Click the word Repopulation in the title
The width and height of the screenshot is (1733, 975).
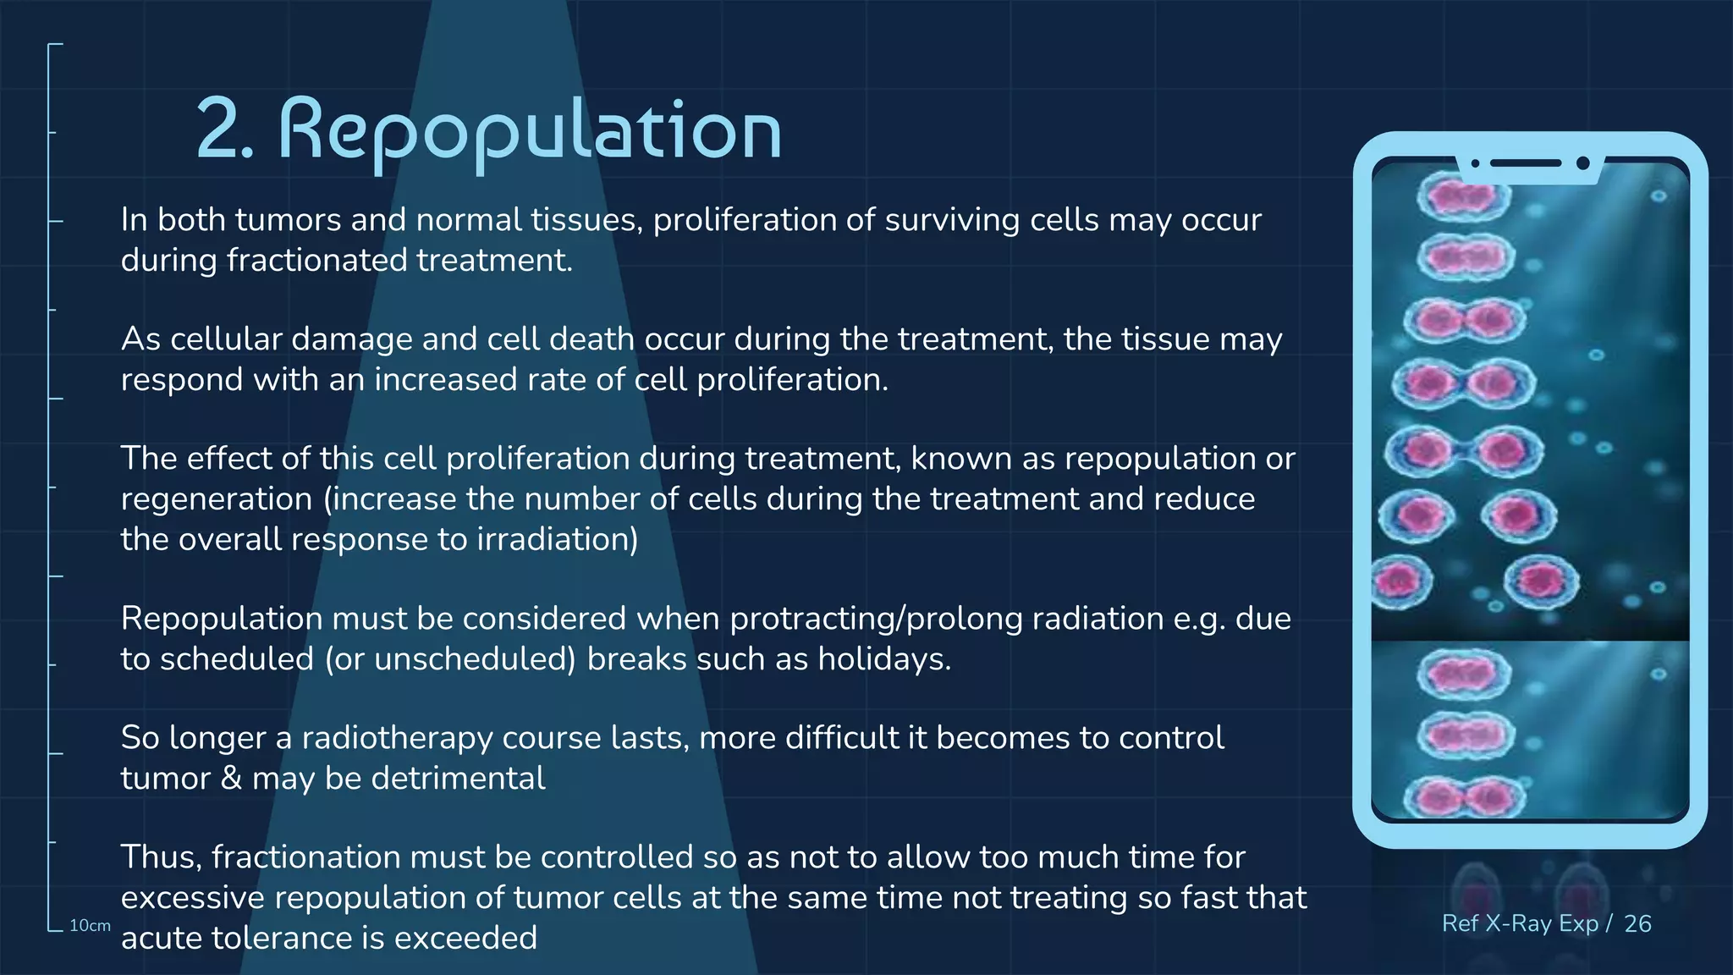(530, 131)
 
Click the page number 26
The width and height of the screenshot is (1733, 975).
(1637, 923)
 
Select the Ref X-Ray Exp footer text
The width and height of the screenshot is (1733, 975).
(1519, 923)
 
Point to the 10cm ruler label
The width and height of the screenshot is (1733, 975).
(90, 926)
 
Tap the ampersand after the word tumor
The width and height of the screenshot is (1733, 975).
(231, 779)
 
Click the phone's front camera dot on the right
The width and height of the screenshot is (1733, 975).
(1583, 163)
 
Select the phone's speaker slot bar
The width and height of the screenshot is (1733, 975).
(1525, 163)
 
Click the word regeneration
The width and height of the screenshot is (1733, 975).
(217, 499)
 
